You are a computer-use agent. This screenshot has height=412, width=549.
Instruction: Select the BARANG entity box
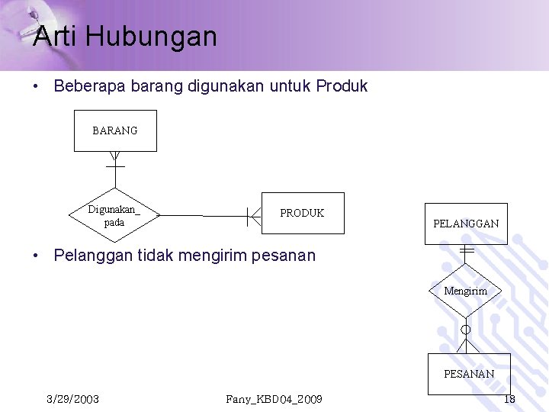(x=115, y=130)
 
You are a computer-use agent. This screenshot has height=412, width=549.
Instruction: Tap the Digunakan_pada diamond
(x=114, y=216)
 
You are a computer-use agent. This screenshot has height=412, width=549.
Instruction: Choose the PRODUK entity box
(x=302, y=213)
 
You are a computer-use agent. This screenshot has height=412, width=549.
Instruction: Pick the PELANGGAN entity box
(x=466, y=224)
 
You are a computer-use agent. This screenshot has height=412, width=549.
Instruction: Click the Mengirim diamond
(x=465, y=291)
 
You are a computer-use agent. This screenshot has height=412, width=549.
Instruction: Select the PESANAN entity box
(x=469, y=374)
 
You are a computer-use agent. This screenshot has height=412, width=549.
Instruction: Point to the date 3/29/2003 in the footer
(x=72, y=399)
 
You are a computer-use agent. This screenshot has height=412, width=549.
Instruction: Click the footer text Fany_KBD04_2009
(x=274, y=399)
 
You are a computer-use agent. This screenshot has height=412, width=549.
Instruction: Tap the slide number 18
(x=510, y=399)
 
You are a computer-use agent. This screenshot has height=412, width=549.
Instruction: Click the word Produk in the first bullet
(x=342, y=86)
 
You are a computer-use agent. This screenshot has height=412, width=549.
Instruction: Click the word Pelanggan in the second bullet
(x=93, y=256)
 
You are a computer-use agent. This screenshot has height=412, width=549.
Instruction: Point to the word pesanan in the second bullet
(x=286, y=256)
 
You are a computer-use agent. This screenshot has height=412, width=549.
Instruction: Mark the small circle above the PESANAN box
(x=466, y=330)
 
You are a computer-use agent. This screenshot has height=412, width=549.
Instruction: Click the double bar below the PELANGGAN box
(x=467, y=250)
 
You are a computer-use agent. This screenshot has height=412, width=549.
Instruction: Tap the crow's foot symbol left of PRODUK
(x=253, y=216)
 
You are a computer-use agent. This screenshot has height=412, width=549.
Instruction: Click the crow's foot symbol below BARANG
(x=115, y=160)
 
